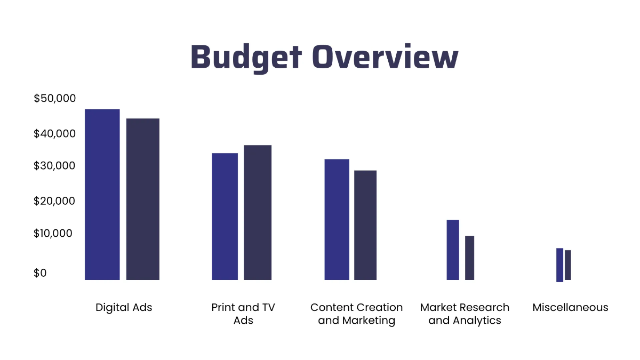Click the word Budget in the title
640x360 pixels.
click(246, 58)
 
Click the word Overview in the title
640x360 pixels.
click(386, 58)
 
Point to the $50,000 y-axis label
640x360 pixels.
click(55, 99)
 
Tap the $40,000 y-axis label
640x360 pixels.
click(55, 133)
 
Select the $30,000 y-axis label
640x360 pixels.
click(55, 166)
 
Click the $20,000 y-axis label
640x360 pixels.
click(55, 201)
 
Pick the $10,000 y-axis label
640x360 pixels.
click(55, 234)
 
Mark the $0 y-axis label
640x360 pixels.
click(40, 273)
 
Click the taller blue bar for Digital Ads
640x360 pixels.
click(102, 195)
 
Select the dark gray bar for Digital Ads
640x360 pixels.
click(142, 199)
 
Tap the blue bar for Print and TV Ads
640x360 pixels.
click(225, 217)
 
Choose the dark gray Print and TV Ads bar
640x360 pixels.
click(258, 212)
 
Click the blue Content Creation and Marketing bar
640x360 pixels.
click(337, 219)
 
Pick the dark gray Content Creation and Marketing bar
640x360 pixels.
click(365, 225)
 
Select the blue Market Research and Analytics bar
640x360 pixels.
click(453, 250)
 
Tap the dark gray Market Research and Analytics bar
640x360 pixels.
click(469, 258)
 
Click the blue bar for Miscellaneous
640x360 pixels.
click(559, 265)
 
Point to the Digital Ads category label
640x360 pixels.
click(124, 308)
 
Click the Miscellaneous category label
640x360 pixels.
click(570, 308)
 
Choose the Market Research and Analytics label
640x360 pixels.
click(465, 314)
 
